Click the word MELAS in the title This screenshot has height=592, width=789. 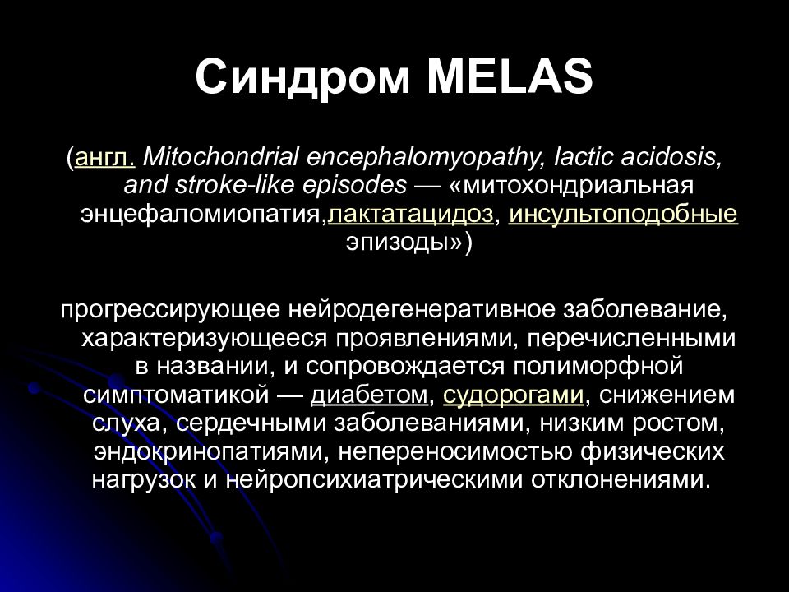point(510,76)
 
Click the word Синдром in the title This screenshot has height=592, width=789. point(302,78)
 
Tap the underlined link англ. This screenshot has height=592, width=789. point(104,158)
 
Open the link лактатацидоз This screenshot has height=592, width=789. point(411,215)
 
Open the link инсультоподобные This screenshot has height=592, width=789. point(624,215)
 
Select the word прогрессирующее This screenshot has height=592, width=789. point(170,311)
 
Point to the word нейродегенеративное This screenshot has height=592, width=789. point(422,311)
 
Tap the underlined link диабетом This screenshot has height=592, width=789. point(369,395)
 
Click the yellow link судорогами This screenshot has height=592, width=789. point(513,396)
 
